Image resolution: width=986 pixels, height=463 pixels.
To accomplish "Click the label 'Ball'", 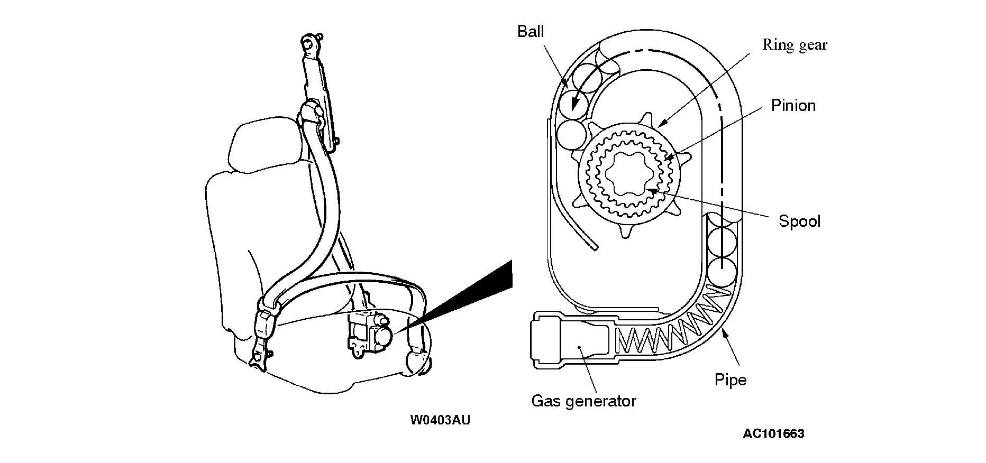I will pyautogui.click(x=531, y=32).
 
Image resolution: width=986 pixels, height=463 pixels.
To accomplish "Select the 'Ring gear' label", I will pyautogui.click(x=795, y=45).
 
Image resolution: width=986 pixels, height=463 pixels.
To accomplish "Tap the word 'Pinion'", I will pyautogui.click(x=793, y=106).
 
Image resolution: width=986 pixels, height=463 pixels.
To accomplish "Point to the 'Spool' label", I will pyautogui.click(x=799, y=221).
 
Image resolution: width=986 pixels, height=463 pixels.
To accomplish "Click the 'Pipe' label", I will pyautogui.click(x=730, y=379).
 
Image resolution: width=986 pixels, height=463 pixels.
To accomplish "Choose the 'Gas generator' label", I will pyautogui.click(x=583, y=401).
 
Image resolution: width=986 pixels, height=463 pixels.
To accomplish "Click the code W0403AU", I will pyautogui.click(x=440, y=420).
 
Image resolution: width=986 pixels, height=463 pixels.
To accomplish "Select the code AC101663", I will pyautogui.click(x=773, y=434).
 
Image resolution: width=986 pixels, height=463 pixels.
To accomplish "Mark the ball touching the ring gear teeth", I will pyautogui.click(x=570, y=133).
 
